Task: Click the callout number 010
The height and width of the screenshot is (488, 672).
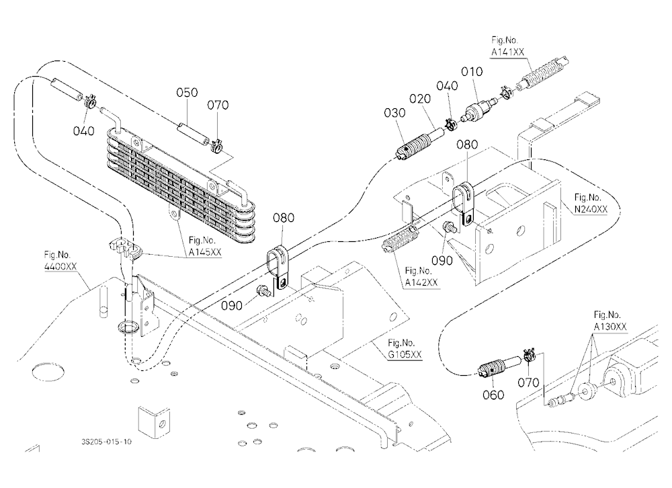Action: (x=472, y=72)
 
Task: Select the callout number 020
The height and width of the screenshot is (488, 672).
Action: (x=420, y=99)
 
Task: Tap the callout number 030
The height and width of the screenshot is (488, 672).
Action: (x=394, y=113)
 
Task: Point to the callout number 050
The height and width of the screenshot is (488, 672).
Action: (x=187, y=93)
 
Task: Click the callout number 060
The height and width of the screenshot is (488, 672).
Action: (x=493, y=395)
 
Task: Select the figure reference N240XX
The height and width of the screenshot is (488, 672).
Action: (x=591, y=209)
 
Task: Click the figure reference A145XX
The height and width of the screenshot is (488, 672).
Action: (x=205, y=252)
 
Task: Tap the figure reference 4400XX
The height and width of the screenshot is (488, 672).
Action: (x=60, y=266)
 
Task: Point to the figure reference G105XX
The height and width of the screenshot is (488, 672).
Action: (x=405, y=355)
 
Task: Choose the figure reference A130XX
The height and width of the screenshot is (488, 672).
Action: (x=610, y=327)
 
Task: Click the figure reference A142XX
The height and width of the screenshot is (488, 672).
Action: (x=421, y=282)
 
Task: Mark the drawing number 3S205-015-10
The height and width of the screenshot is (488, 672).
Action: (x=106, y=442)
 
